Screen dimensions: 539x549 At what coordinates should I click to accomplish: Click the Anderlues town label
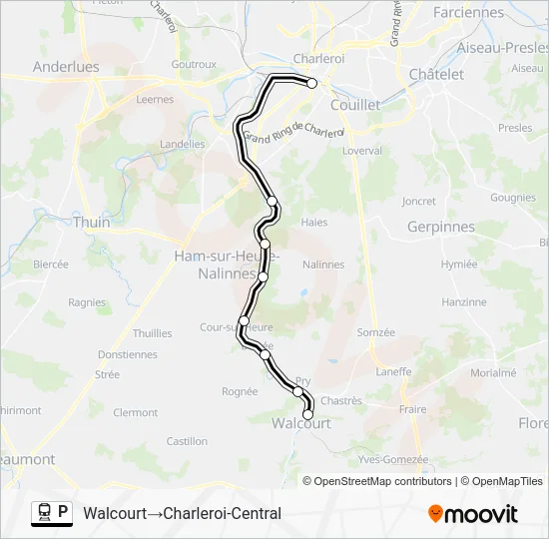[66, 67]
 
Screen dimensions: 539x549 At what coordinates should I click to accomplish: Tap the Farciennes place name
[469, 13]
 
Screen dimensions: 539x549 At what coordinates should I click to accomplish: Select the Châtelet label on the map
[436, 75]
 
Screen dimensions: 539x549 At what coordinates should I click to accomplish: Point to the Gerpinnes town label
[441, 227]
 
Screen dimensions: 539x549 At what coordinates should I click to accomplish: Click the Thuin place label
[92, 223]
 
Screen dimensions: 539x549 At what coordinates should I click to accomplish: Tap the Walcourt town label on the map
[301, 423]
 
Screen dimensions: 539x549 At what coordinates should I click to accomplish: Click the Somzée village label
[376, 332]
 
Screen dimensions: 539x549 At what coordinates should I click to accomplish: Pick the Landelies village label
[183, 144]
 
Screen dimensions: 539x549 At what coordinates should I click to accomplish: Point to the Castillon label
[187, 441]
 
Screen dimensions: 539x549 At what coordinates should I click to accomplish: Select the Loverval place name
[361, 151]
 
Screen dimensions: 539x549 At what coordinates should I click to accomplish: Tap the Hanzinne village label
[464, 301]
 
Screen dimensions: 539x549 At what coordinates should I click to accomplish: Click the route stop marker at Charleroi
[312, 84]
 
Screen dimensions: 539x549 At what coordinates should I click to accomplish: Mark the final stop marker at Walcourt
[307, 414]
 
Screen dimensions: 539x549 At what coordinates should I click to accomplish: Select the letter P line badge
[63, 513]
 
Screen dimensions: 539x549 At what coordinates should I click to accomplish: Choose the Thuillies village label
[152, 333]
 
